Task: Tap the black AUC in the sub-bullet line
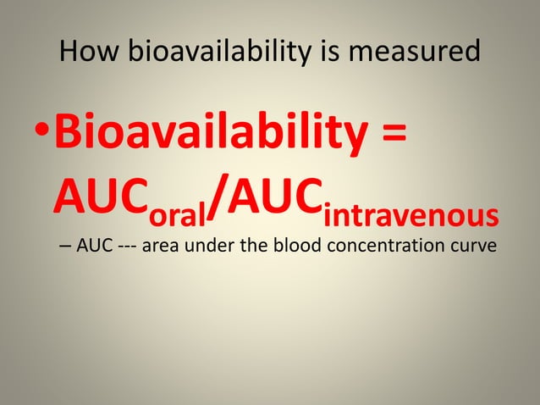click(94, 247)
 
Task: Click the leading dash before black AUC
click(66, 248)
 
